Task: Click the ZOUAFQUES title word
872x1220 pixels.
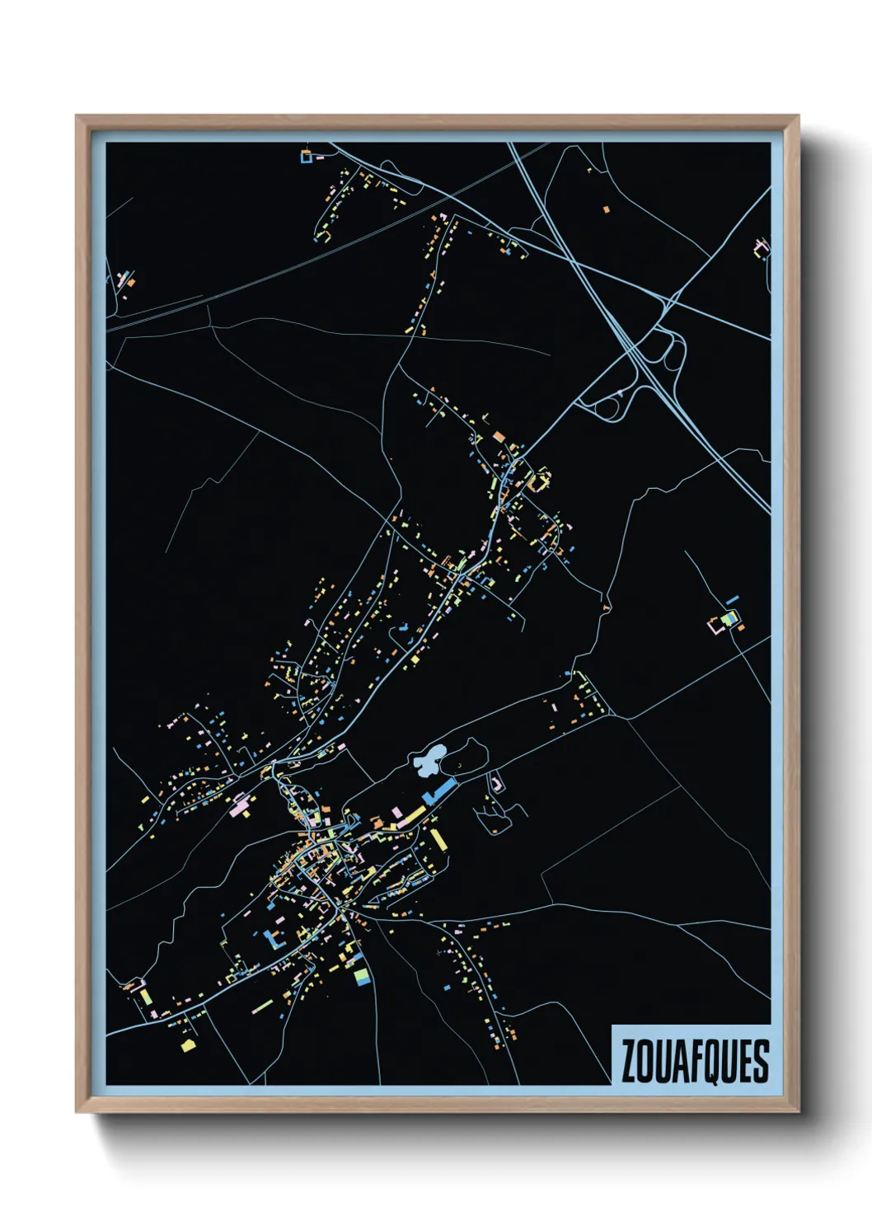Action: tap(694, 1061)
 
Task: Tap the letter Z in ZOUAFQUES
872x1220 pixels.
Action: tap(630, 1061)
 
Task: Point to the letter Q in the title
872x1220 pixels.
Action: tap(710, 1062)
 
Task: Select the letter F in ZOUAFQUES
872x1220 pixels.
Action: tap(693, 1061)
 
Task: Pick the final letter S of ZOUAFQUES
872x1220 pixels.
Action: tap(760, 1061)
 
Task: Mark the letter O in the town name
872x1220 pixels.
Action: tap(645, 1061)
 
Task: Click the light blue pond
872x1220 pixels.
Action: tap(429, 761)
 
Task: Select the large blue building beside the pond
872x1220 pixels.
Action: tap(439, 791)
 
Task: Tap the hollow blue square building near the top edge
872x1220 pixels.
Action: tap(307, 157)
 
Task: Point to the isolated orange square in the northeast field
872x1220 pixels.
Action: tap(607, 209)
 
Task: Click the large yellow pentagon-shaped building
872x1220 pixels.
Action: tap(189, 1045)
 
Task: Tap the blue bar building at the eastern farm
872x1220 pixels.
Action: tap(732, 599)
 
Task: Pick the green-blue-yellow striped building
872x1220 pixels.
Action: tap(728, 617)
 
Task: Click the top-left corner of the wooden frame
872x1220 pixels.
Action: tap(77, 117)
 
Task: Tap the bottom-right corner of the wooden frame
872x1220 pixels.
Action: tap(798, 1111)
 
